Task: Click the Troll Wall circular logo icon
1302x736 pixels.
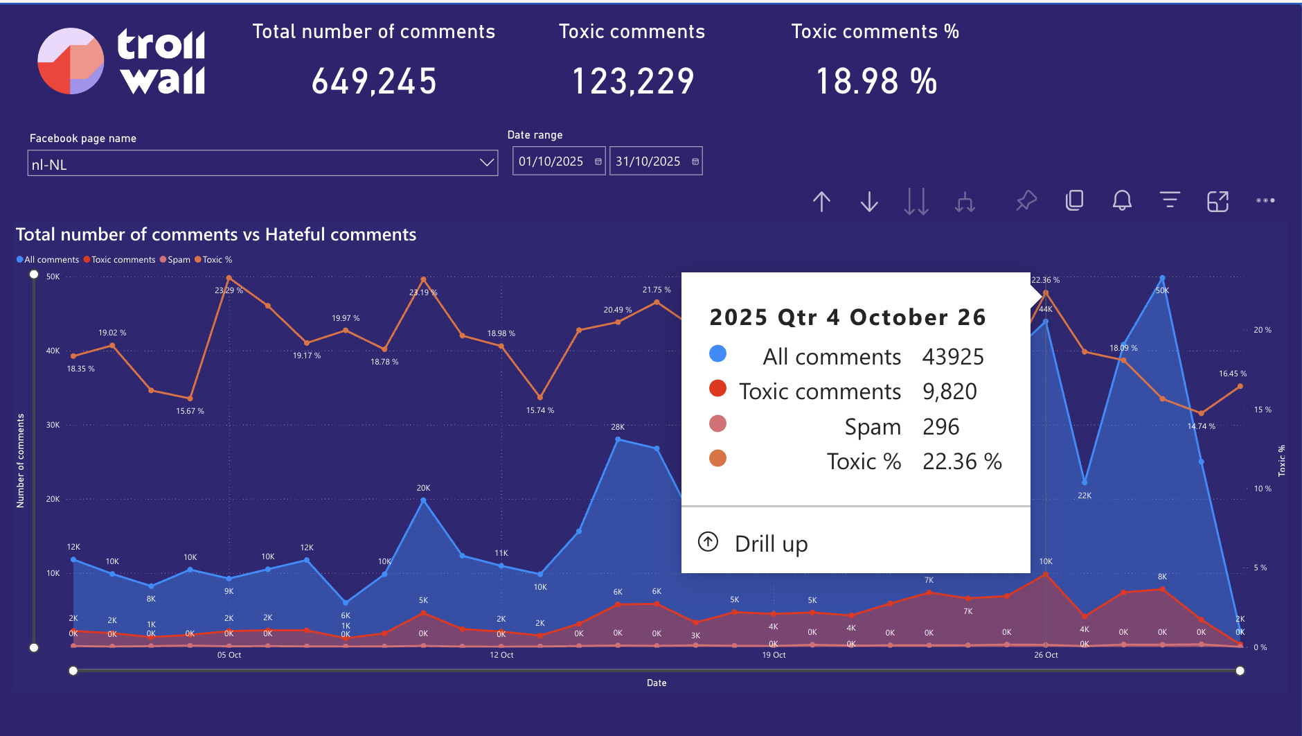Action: pos(71,61)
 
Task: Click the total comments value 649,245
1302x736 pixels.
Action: pos(374,81)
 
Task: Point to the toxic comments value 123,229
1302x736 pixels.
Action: pos(633,81)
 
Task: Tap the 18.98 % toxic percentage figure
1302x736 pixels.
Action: pos(876,81)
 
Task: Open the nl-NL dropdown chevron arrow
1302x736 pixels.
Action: pos(487,163)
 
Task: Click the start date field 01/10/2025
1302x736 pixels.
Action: pos(551,161)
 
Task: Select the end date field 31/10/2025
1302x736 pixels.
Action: pos(648,161)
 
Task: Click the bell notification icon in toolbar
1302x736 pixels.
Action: pos(1122,201)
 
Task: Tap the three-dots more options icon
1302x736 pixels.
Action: pos(1265,201)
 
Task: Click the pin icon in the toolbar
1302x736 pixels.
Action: pos(1026,201)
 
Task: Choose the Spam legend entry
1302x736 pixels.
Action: pos(178,260)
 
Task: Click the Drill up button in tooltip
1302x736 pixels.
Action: pos(770,543)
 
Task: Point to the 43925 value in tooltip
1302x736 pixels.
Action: pos(953,357)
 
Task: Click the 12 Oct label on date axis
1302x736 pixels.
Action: pos(501,655)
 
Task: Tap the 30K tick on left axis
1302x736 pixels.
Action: pos(53,425)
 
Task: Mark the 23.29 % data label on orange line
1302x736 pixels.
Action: pos(229,290)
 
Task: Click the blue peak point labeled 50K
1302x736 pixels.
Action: pos(1162,279)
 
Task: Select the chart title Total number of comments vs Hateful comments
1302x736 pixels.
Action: pos(216,235)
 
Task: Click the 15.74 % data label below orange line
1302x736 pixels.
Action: pos(540,410)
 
